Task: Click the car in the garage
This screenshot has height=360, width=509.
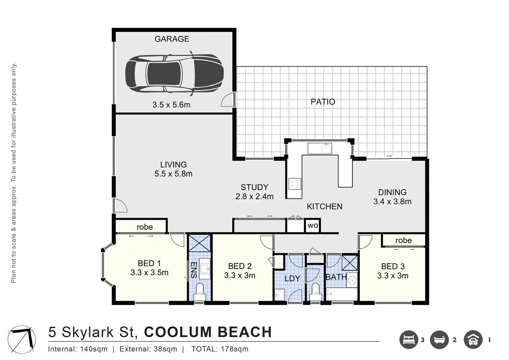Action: coord(174,73)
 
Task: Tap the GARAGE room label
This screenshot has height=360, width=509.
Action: coord(172,39)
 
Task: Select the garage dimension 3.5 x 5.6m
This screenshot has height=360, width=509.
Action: coord(171,105)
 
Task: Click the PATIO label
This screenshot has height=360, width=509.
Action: coord(323,102)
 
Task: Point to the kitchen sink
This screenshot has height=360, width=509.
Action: coord(320,148)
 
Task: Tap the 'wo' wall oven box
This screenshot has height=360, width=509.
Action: coord(313,226)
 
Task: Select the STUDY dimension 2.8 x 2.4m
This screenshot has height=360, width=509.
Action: coord(254,197)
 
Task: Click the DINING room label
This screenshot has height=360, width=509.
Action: coord(392,192)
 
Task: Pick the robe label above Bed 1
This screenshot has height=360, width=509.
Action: coord(145,227)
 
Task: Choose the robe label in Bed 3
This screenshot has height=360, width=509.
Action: coord(403,240)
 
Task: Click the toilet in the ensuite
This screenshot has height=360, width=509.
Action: coord(200,290)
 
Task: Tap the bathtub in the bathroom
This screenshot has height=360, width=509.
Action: coord(341,294)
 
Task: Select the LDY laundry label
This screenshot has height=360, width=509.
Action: coord(292,278)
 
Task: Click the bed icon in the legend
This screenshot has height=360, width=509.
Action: coord(408,340)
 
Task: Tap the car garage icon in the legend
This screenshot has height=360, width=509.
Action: coord(473,340)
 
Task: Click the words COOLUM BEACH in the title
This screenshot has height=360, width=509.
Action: coord(208,332)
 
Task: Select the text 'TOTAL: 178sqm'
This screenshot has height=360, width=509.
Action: coord(220,349)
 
